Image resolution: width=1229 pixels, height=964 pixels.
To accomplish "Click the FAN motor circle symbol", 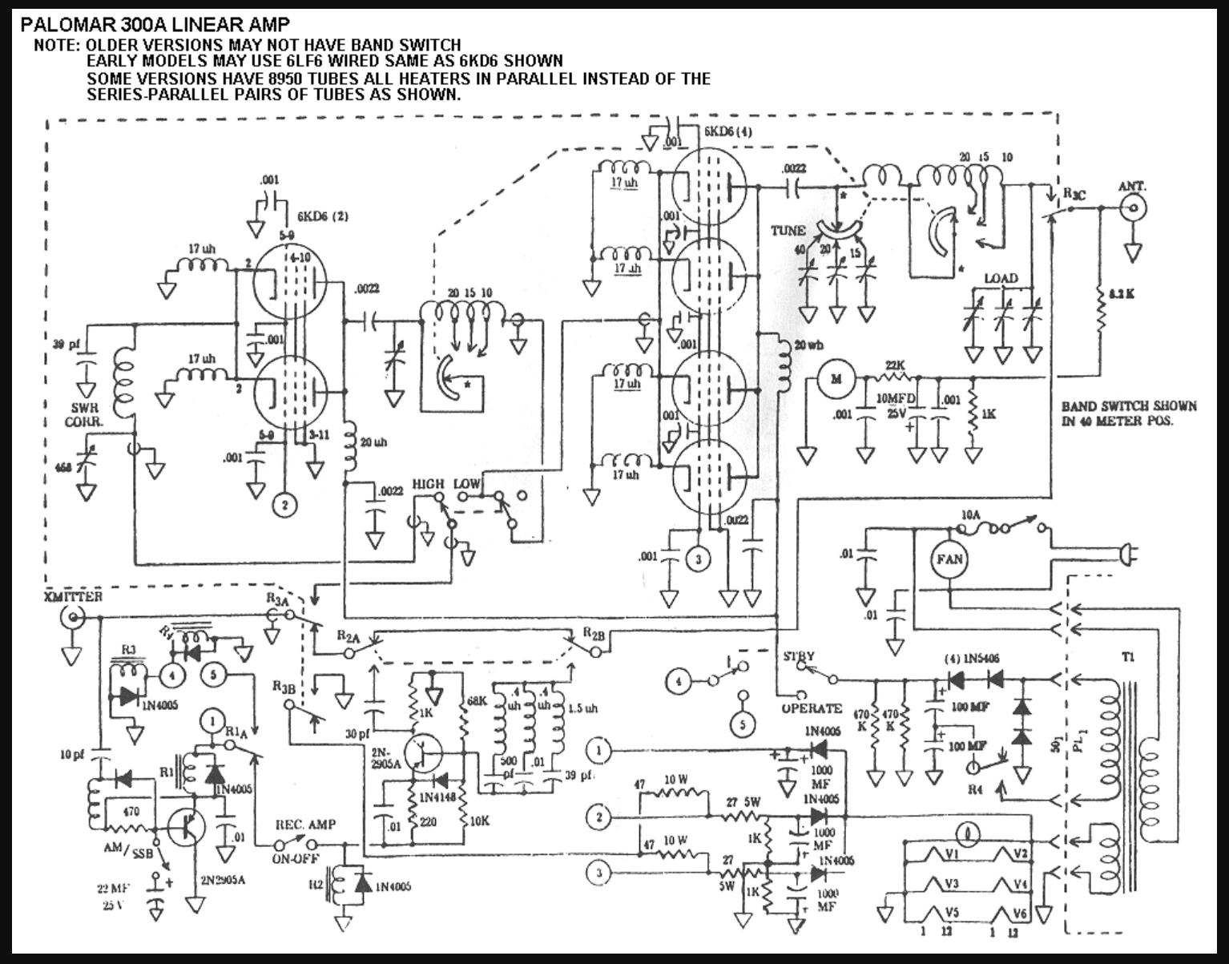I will pos(949,559).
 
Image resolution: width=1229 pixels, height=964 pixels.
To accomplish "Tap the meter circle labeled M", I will pos(836,379).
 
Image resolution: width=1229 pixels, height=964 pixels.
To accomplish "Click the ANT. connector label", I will pos(1132,186).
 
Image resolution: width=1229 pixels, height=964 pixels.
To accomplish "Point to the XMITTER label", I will pos(74,597).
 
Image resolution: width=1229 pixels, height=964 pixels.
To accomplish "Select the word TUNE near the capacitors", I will pos(788,231).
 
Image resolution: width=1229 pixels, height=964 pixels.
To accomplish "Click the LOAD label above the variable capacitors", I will pos(1001,278).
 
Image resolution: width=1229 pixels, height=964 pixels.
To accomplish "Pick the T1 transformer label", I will pos(1128,658).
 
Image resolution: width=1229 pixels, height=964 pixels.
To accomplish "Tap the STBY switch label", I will pos(799,657).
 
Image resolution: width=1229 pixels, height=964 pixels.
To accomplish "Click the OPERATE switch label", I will pos(812,708).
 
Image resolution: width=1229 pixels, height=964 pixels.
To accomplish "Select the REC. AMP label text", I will pos(305,825).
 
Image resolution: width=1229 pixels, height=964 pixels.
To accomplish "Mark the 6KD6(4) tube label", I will pos(728,131).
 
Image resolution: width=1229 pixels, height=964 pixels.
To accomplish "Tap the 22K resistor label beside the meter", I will pos(895,366).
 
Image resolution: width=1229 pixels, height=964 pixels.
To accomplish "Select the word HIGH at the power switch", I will pos(428,485).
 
